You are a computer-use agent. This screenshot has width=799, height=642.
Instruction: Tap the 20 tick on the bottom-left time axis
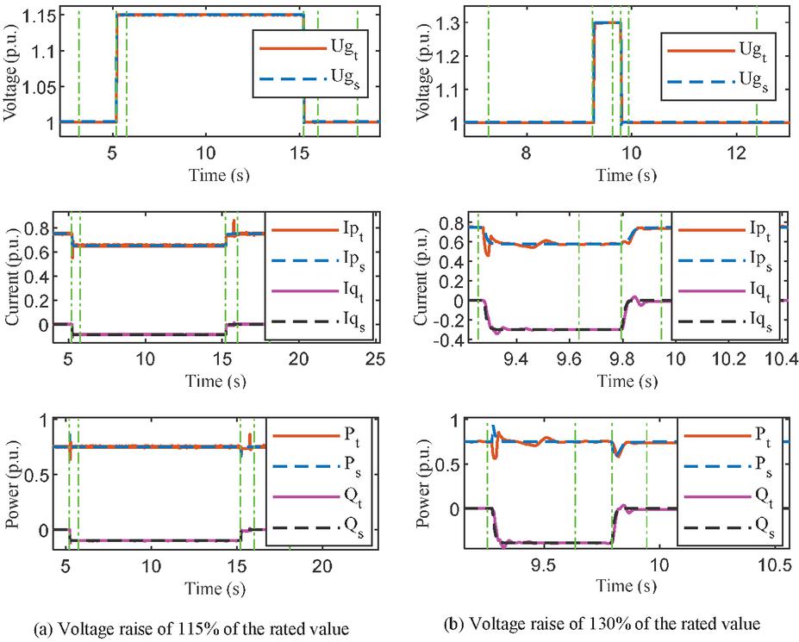[321, 566]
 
